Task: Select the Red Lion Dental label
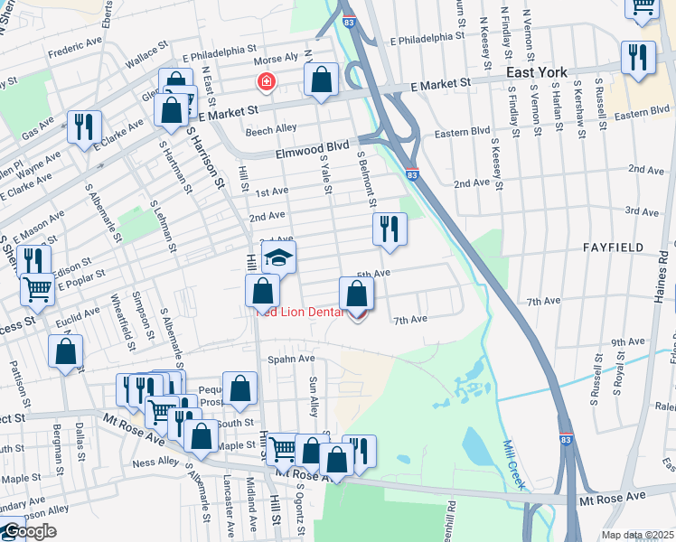[x=299, y=313]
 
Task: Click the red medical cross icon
[x=267, y=84]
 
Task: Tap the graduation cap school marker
[x=279, y=257]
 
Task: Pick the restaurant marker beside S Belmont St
[x=390, y=229]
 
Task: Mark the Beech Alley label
[x=271, y=131]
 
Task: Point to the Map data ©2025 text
[x=637, y=535]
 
